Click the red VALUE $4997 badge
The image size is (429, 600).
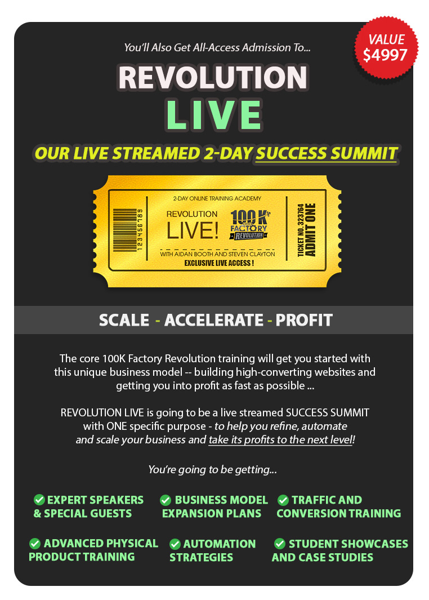coord(386,48)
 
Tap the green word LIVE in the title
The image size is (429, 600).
coord(214,115)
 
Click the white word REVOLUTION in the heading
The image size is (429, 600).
coord(213,77)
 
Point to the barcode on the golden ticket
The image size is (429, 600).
coord(128,230)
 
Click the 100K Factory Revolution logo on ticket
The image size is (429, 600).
coord(249,225)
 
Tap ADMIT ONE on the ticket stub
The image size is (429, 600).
coord(311,230)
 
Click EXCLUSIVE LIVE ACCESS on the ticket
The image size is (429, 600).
coord(218,263)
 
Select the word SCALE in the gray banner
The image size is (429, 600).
coord(124,320)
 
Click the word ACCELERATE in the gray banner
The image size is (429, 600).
coord(214,320)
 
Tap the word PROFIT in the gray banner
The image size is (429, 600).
coord(304,320)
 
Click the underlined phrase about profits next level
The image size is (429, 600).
coord(280,440)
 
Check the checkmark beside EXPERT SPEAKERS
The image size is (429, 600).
coord(39,499)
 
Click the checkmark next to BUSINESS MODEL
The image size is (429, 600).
coord(166,500)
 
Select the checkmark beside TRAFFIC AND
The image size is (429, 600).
coord(283,500)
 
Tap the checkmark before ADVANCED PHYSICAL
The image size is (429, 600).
coord(35,543)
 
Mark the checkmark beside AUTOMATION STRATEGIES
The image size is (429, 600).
coord(175,544)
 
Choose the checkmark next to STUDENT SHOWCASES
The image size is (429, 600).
coord(280,543)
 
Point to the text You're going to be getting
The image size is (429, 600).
coord(213,469)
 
